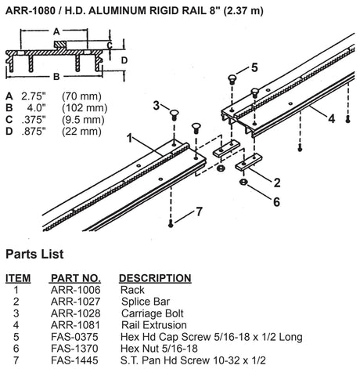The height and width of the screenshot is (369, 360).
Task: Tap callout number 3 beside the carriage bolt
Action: [157, 105]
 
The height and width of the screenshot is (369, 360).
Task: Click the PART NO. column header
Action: [75, 278]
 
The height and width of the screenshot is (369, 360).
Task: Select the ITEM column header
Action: [17, 278]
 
